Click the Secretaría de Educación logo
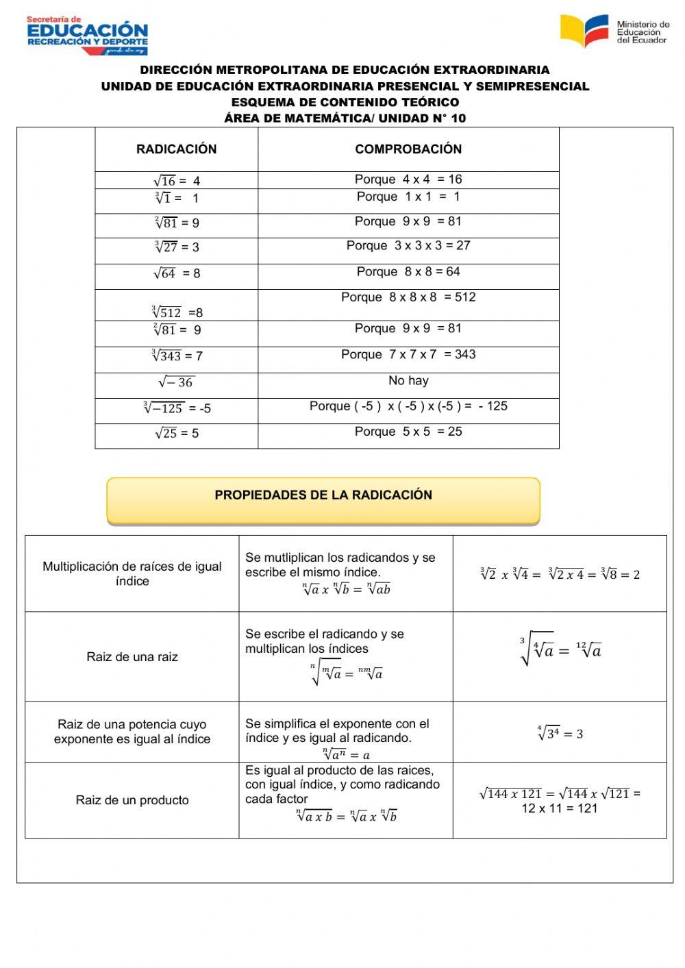pyautogui.click(x=87, y=35)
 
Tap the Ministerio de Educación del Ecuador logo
pyautogui.click(x=614, y=32)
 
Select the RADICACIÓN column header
pyautogui.click(x=176, y=149)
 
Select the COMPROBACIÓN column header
pyautogui.click(x=408, y=149)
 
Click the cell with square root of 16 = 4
pyautogui.click(x=177, y=181)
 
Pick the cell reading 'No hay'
pyautogui.click(x=408, y=381)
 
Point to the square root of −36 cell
pyautogui.click(x=177, y=382)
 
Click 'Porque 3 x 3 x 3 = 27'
pyautogui.click(x=408, y=246)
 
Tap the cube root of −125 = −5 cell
pyautogui.click(x=177, y=408)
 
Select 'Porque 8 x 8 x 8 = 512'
pyautogui.click(x=408, y=297)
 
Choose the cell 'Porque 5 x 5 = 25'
pyautogui.click(x=408, y=432)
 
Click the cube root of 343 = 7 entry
pyautogui.click(x=177, y=356)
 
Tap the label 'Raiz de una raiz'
pyautogui.click(x=132, y=657)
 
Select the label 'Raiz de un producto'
pyautogui.click(x=132, y=800)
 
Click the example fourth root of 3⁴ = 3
pyautogui.click(x=560, y=734)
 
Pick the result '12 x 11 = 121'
pyautogui.click(x=560, y=808)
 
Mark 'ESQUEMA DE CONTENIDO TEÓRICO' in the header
pyautogui.click(x=345, y=102)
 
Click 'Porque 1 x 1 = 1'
pyautogui.click(x=408, y=197)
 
